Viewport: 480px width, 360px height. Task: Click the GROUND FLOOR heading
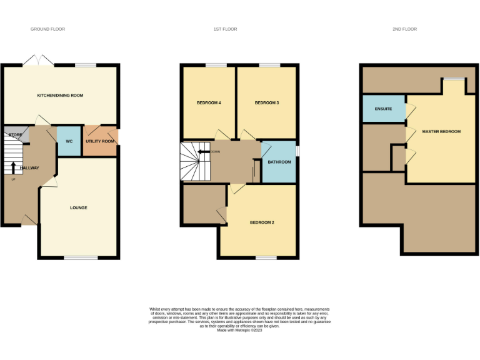point(48,29)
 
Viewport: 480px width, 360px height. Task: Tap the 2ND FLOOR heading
point(405,29)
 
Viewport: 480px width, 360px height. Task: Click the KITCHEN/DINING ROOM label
point(60,96)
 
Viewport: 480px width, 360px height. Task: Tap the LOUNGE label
point(78,207)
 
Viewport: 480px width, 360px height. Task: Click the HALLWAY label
point(29,168)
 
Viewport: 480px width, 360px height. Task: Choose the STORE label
point(16,135)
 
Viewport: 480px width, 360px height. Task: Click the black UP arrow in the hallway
point(13,168)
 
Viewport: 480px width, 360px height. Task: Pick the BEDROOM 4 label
point(209,102)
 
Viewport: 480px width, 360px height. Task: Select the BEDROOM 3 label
point(267,102)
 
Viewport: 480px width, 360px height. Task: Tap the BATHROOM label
point(279,162)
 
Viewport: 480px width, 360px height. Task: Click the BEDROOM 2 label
point(262,222)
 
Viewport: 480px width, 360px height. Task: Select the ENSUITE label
point(383,109)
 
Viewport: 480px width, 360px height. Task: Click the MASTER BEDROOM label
point(441,132)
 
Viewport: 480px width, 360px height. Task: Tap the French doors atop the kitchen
point(39,61)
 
